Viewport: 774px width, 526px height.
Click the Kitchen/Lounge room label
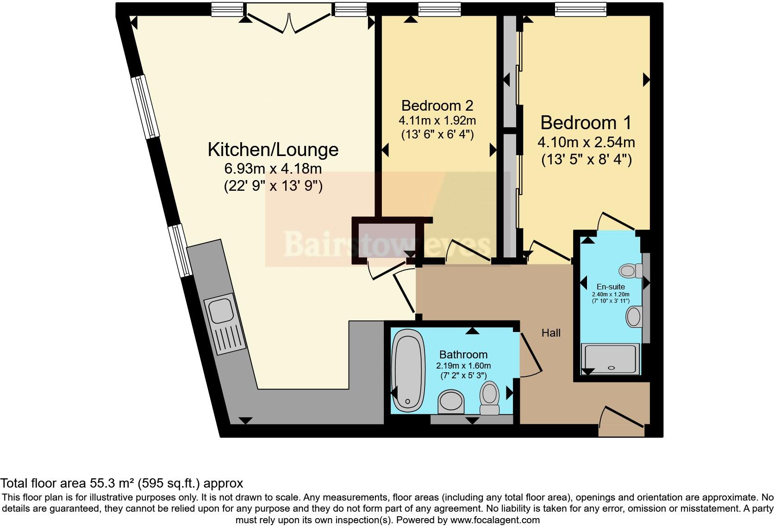[273, 150]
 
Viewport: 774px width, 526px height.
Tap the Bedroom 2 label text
[437, 106]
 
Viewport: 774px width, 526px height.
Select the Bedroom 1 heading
[586, 123]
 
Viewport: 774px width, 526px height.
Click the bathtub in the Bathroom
[408, 370]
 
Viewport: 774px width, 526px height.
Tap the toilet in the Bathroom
[489, 397]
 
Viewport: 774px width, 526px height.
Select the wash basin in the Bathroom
[451, 401]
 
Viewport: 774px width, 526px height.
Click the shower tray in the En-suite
[611, 359]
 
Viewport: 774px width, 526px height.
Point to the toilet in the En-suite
[630, 270]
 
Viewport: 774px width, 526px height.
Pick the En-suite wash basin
[634, 317]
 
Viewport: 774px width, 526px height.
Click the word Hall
[551, 332]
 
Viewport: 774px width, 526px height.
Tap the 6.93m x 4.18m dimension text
[273, 169]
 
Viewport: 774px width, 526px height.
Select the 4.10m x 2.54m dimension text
[586, 142]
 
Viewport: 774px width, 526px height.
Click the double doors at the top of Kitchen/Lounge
[289, 23]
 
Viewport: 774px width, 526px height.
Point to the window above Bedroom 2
[439, 9]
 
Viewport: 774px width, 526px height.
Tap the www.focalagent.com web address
[495, 520]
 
